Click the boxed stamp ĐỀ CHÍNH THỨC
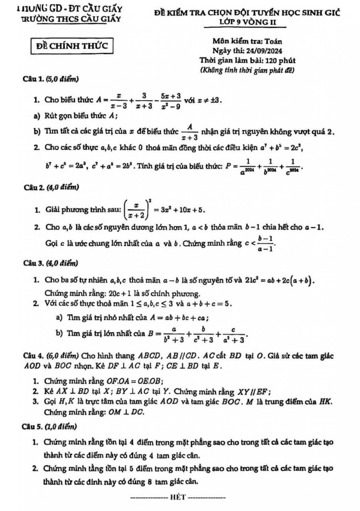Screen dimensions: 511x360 pos(72,46)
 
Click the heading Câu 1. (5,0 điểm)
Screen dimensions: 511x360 pos(51,79)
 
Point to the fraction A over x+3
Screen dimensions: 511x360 pos(190,132)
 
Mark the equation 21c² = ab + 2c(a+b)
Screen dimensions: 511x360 pos(280,281)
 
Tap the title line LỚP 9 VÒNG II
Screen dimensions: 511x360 pos(248,22)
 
